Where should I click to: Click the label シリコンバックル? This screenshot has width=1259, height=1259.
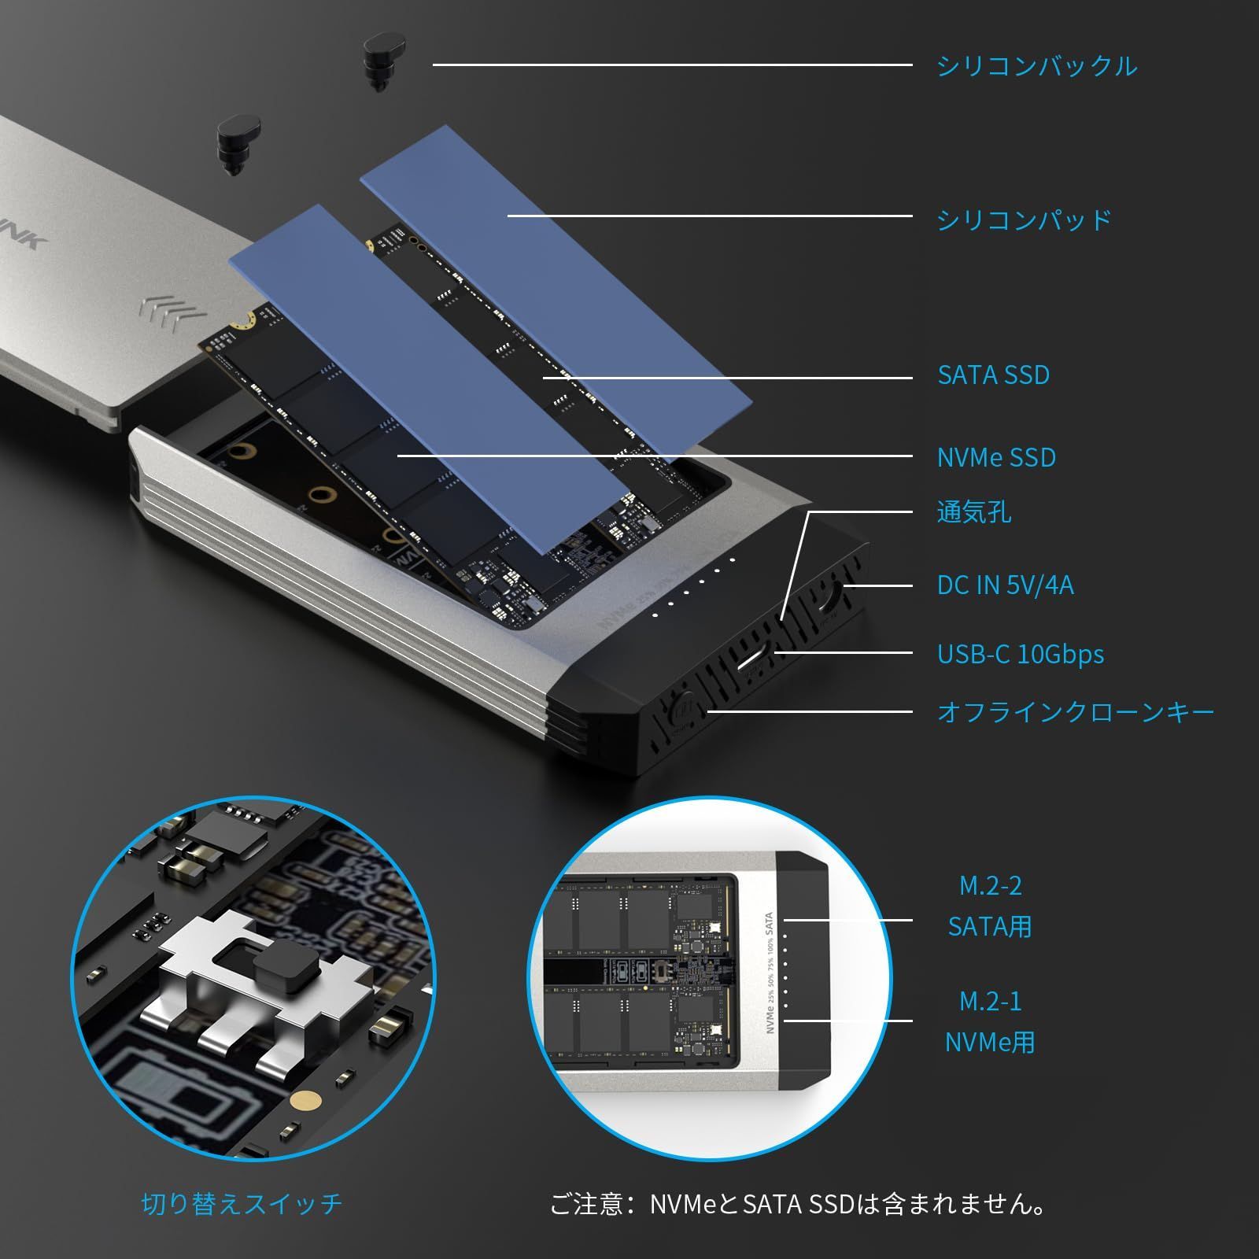click(x=1036, y=65)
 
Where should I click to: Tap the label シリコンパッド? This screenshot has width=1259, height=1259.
click(x=1024, y=220)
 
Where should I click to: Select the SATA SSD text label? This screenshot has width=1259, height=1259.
click(x=993, y=375)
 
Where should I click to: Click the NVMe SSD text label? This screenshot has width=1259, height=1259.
click(x=996, y=458)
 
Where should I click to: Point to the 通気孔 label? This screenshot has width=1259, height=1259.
click(x=973, y=512)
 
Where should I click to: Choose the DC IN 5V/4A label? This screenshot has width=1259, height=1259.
click(x=1005, y=585)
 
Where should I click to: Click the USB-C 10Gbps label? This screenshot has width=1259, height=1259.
click(x=1020, y=655)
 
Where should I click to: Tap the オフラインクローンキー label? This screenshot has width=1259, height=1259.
click(x=1075, y=713)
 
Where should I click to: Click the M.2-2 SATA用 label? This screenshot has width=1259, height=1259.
click(x=990, y=906)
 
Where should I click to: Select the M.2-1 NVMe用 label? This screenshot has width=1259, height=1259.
click(x=990, y=1022)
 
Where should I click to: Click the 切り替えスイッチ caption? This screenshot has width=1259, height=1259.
click(x=242, y=1204)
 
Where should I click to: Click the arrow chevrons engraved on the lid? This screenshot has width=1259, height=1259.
click(x=172, y=312)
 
